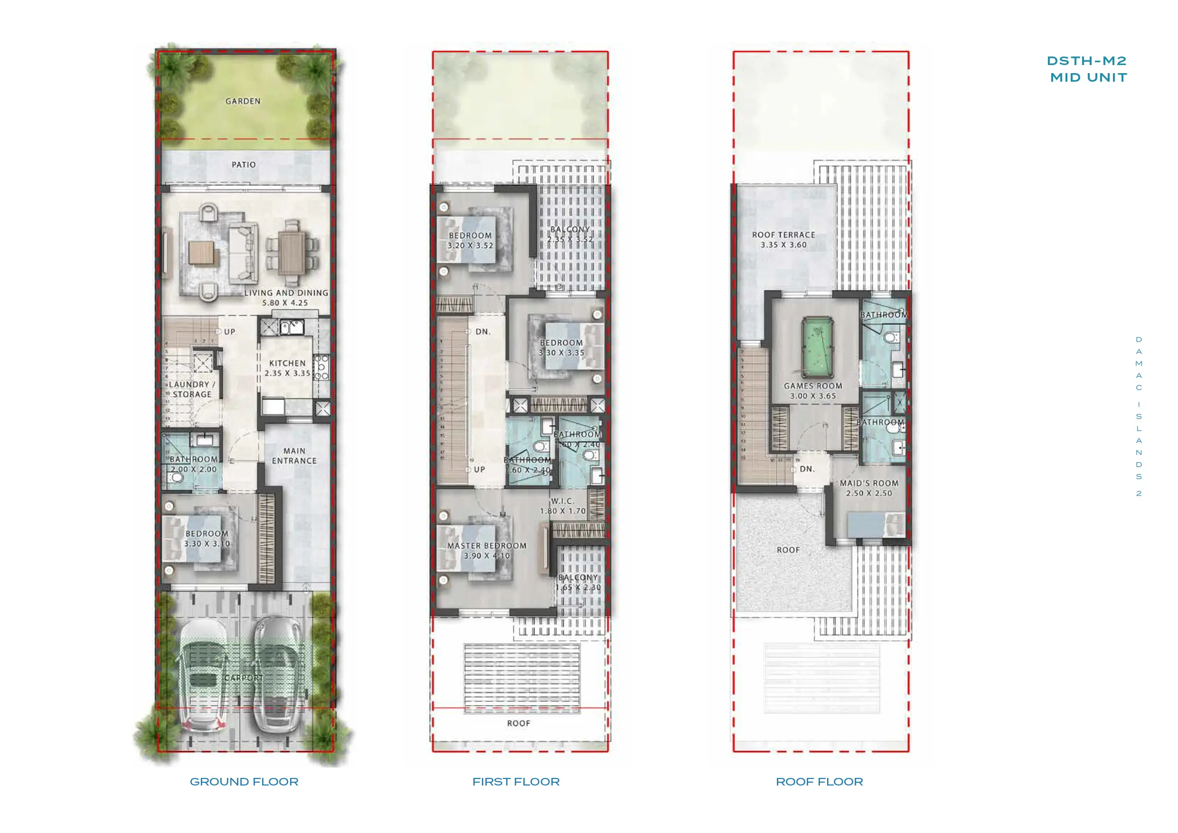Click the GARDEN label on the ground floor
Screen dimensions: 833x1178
(x=243, y=101)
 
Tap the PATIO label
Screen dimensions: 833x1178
(x=243, y=165)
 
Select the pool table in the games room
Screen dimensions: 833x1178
(x=817, y=348)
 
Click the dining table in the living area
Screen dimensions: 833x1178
(x=292, y=253)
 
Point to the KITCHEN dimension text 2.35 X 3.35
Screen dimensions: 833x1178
(x=287, y=373)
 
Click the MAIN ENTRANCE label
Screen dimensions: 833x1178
(x=294, y=456)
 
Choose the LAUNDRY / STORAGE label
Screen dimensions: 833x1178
(x=192, y=389)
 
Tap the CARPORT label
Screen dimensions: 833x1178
(x=243, y=678)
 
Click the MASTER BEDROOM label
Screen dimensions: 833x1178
(x=486, y=546)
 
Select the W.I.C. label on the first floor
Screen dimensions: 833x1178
(x=562, y=501)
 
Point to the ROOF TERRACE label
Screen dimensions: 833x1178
(x=783, y=235)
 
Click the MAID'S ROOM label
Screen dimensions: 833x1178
(x=868, y=483)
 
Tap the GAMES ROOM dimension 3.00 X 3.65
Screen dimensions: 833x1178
(x=813, y=396)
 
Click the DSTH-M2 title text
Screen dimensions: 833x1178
(x=1087, y=61)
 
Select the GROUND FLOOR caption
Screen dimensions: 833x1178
(x=244, y=781)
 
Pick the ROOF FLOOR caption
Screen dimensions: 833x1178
(x=819, y=781)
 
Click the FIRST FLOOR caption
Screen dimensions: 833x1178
(x=516, y=781)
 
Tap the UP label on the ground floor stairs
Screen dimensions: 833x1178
(x=229, y=331)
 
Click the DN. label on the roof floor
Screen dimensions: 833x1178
(x=807, y=469)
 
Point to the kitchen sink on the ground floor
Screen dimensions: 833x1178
(x=292, y=326)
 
